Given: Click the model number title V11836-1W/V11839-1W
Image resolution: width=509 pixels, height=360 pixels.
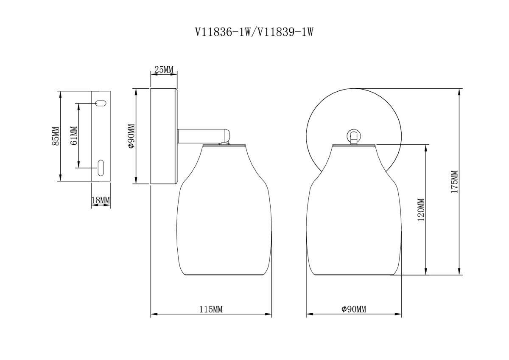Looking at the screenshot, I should point(253,32).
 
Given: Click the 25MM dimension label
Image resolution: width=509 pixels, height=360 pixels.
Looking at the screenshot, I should point(164,69).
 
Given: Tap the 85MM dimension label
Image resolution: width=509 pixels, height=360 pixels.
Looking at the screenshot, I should point(55,136).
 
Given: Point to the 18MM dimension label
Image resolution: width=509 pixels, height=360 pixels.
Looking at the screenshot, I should point(101,200).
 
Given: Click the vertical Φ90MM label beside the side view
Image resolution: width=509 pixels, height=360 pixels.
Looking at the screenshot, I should point(131,136).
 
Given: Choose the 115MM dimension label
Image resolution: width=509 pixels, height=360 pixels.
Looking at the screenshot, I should point(211,309).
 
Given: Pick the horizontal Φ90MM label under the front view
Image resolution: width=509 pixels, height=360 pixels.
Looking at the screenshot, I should point(353,309).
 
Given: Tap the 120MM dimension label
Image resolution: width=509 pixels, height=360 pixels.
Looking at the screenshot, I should point(420,210).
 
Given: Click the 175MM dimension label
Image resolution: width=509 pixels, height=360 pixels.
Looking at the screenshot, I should point(454,182).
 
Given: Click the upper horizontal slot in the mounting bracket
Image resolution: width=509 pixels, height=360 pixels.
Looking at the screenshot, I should point(101,103).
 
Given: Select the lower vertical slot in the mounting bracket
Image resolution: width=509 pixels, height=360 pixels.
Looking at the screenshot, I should point(101,167).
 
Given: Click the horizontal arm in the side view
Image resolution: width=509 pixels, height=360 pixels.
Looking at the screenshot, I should point(199,136).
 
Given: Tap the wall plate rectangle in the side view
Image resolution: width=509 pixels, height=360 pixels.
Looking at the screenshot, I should point(164,136).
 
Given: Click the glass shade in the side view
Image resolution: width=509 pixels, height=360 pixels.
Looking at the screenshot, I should point(224,221).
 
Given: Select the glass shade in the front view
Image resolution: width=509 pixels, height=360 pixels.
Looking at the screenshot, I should point(353,221).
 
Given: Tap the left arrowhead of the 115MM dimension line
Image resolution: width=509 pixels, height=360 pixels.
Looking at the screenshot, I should point(154,315).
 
